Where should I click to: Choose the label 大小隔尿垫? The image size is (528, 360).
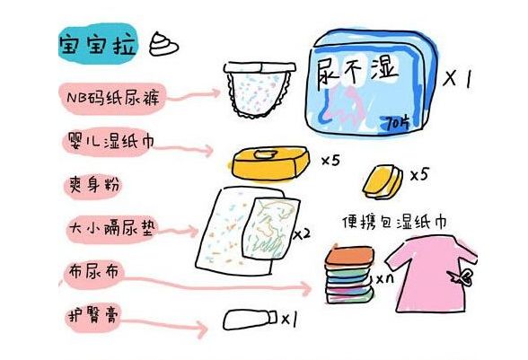click(x=105, y=228)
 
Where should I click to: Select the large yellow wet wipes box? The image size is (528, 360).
click(x=268, y=163)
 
